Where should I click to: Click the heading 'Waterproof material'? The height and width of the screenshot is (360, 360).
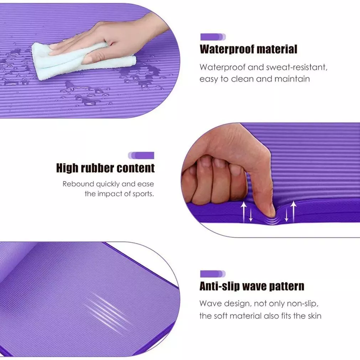(248, 49)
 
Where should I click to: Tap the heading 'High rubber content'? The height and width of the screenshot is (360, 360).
(106, 168)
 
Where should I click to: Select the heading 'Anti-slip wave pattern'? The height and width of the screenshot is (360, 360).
(252, 286)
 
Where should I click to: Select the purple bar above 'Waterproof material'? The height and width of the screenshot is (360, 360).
(213, 37)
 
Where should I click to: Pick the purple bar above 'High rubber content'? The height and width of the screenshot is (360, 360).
(142, 155)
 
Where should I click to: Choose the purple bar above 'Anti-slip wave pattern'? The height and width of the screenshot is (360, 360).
(213, 274)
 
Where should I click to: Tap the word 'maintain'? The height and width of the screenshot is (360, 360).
(292, 79)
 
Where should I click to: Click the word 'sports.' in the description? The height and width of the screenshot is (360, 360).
(143, 194)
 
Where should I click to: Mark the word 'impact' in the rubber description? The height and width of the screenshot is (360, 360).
(109, 194)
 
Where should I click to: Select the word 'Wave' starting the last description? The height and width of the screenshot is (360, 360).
(210, 304)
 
